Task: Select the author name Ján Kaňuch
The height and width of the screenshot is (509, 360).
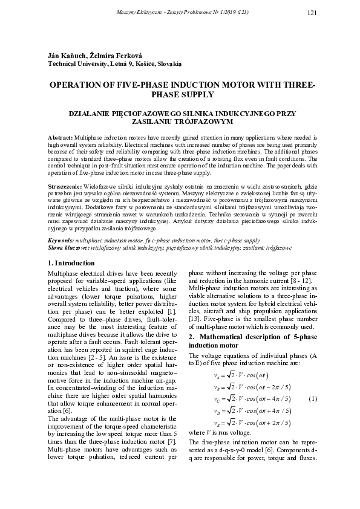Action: (x=65, y=56)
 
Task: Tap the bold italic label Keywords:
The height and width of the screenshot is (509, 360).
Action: (x=61, y=241)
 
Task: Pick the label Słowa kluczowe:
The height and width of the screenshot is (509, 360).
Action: (x=68, y=248)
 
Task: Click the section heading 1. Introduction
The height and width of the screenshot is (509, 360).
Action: (x=71, y=263)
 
